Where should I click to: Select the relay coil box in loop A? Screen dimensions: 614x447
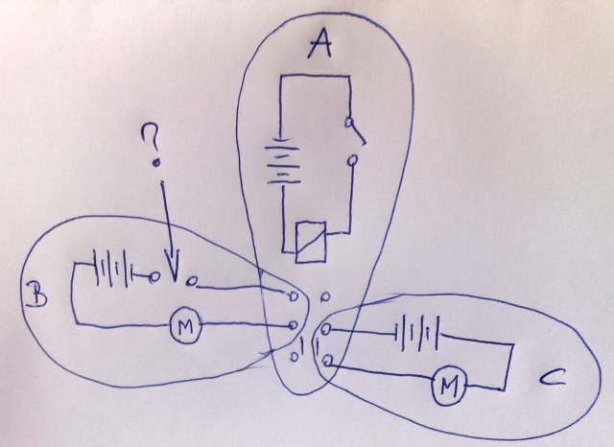point(313,239)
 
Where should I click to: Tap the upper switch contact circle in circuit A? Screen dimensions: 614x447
point(352,125)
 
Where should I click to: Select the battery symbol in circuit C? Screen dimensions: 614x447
point(419,336)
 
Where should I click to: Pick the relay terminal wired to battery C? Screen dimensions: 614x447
point(327,330)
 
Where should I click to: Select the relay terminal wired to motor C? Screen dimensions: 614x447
point(328,361)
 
